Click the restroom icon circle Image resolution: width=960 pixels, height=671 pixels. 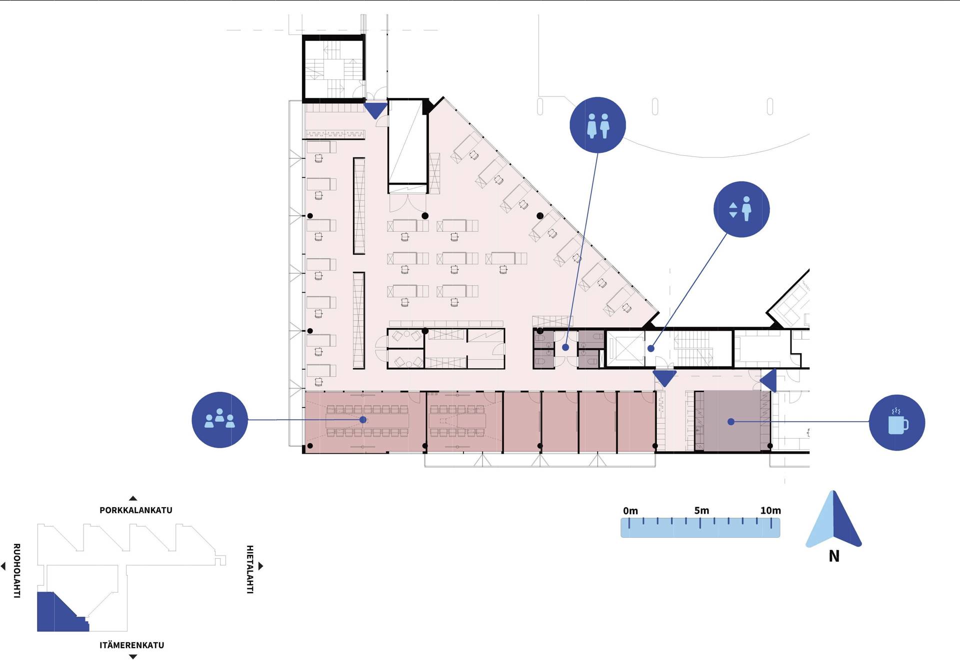click(597, 125)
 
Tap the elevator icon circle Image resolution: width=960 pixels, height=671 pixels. click(741, 209)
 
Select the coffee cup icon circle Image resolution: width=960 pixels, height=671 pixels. click(897, 423)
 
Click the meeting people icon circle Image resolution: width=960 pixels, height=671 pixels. click(220, 420)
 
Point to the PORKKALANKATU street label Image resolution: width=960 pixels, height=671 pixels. click(136, 510)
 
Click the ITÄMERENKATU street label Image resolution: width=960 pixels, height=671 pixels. click(132, 645)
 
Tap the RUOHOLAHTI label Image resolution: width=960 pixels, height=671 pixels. click(16, 571)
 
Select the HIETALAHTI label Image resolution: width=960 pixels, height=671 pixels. click(250, 569)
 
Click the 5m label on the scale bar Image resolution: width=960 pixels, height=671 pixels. click(701, 510)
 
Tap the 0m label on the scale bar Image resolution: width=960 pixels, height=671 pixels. click(630, 511)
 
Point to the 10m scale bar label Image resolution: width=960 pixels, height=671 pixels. click(770, 510)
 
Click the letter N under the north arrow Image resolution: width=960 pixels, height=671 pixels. click(834, 556)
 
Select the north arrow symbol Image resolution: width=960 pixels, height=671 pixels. click(833, 520)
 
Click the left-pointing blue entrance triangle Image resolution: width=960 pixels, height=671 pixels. click(768, 381)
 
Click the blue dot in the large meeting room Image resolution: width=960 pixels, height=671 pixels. click(363, 420)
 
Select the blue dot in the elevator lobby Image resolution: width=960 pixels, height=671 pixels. click(651, 349)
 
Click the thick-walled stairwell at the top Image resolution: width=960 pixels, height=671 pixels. click(333, 68)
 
